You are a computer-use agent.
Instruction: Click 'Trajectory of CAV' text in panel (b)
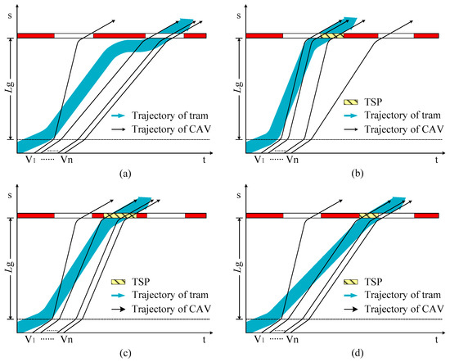(x=398, y=130)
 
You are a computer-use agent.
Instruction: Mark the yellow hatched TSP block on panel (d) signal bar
(x=369, y=216)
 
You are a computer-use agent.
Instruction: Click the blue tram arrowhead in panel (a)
(x=190, y=21)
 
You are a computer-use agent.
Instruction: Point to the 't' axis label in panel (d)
(x=436, y=339)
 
